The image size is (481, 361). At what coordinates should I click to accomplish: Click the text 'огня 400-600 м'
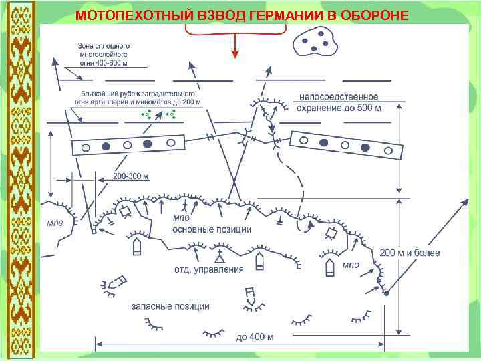click(102, 62)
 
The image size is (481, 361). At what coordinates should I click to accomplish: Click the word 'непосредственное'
click(339, 98)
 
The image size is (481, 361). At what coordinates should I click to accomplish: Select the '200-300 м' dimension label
click(130, 176)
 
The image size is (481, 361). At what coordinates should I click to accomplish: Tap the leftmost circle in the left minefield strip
click(85, 148)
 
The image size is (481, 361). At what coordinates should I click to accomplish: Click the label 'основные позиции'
click(212, 229)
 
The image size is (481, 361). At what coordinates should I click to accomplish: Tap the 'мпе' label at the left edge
click(55, 223)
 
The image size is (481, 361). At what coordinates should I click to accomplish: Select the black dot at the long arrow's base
click(386, 292)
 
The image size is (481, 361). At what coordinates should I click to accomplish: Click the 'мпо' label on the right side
click(351, 265)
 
